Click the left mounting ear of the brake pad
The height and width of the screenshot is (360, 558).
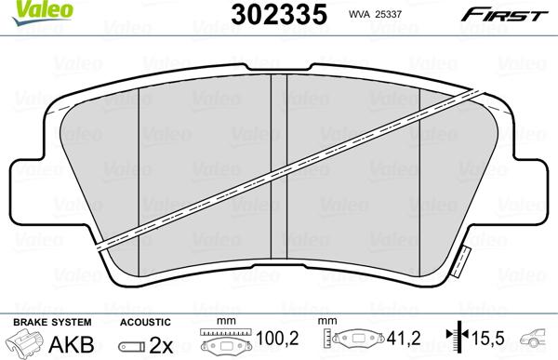tap(28, 172)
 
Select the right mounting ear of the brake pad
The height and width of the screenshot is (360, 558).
tap(531, 172)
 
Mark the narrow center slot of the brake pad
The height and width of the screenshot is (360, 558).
tap(278, 177)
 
